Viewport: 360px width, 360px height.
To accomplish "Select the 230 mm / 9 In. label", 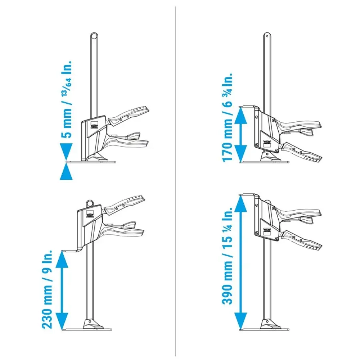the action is coord(47,289).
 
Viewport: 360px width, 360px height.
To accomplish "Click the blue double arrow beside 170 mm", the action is coord(240,135).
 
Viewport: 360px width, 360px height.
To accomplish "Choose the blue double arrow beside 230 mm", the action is coord(62,290).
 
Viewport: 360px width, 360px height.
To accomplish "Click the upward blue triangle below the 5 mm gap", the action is coord(66,172).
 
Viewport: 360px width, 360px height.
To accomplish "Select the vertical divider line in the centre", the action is coord(175,181).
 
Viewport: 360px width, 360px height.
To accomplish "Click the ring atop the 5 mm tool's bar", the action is coord(94,36).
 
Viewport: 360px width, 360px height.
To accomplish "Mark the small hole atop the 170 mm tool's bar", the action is coord(267,36).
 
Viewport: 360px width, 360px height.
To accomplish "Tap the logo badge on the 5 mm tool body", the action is coord(94,126).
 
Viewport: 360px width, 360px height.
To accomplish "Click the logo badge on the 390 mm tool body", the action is coord(267,231).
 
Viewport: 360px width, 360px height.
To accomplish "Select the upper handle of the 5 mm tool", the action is coord(128,116).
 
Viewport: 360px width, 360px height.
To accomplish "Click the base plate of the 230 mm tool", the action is coord(87,329).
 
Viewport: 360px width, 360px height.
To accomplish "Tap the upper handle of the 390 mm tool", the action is coord(298,215).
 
